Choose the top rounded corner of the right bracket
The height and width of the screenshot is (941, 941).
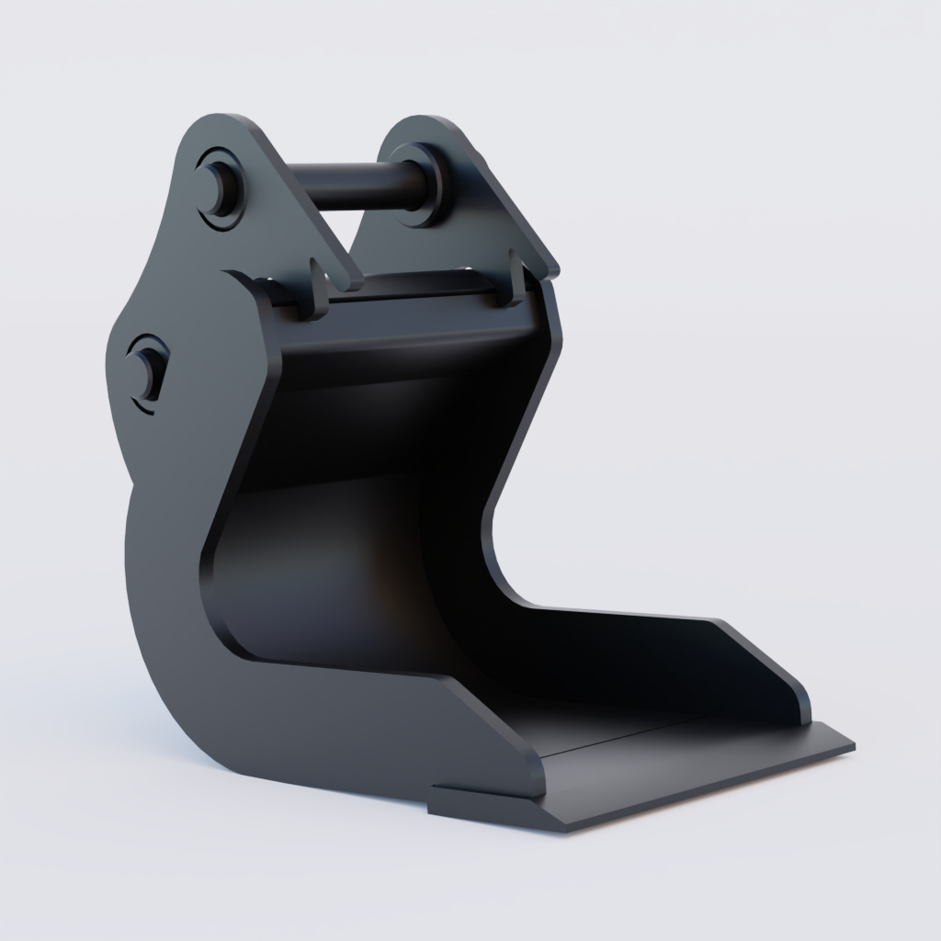pos(432,124)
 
